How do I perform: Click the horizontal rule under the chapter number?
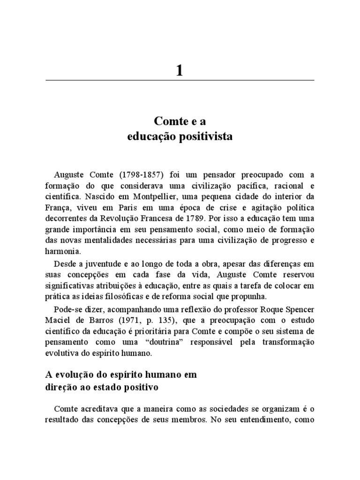tap(180, 81)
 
